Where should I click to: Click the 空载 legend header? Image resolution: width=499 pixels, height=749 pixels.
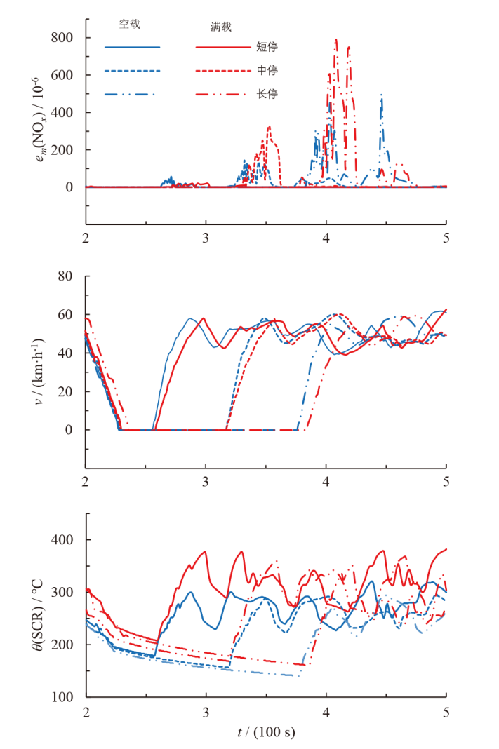coord(129,24)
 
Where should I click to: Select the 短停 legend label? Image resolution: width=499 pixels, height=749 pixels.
coord(267,47)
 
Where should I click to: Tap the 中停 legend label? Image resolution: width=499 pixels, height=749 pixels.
coord(267,70)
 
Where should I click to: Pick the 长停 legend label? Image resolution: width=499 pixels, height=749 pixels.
coord(267,93)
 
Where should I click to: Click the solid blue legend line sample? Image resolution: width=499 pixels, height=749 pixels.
coord(133,48)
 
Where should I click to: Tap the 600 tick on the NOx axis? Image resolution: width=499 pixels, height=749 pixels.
coord(61,75)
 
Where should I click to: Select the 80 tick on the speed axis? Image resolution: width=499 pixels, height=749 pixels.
coord(65,276)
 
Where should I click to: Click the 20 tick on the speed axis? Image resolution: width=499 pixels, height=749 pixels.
coord(65,391)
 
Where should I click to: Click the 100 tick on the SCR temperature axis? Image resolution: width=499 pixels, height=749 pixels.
coord(61,697)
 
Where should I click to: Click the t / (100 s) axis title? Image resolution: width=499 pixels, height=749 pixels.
coord(266,733)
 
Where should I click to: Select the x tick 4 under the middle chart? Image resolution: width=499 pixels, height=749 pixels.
coord(326,483)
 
